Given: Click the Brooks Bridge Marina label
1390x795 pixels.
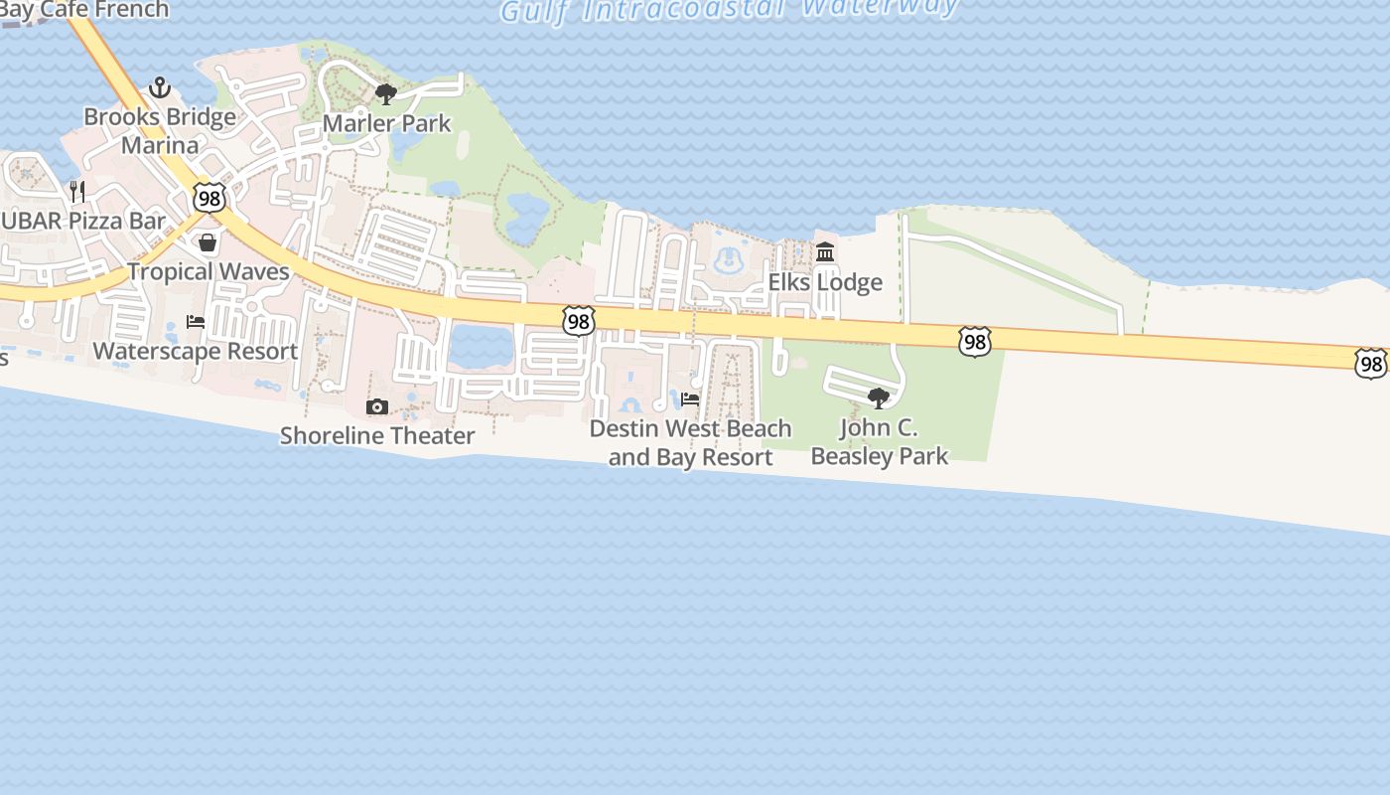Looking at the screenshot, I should pyautogui.click(x=160, y=131).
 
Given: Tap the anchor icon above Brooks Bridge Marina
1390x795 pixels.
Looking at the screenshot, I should pyautogui.click(x=160, y=88).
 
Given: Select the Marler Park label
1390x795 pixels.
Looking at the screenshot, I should pyautogui.click(x=387, y=124).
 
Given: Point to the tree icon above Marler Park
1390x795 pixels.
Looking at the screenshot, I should pyautogui.click(x=386, y=94).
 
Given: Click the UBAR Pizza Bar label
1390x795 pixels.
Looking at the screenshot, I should pyautogui.click(x=83, y=221).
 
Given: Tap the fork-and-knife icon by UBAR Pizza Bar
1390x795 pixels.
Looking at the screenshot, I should pyautogui.click(x=77, y=191).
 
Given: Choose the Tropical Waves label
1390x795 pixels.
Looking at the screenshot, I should pyautogui.click(x=208, y=271).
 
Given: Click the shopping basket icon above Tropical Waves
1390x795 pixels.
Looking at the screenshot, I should pyautogui.click(x=208, y=242).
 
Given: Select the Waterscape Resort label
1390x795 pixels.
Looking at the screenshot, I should pyautogui.click(x=196, y=351).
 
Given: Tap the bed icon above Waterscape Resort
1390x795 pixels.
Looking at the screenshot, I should pyautogui.click(x=196, y=322).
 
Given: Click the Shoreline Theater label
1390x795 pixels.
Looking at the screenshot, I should pyautogui.click(x=377, y=435).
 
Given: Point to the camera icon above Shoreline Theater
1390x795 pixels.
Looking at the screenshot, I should pyautogui.click(x=377, y=406).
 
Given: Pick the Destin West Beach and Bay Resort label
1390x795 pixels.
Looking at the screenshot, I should pyautogui.click(x=690, y=443).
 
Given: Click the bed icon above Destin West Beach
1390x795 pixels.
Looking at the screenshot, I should pyautogui.click(x=690, y=399).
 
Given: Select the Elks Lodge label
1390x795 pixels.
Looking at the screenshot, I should pyautogui.click(x=825, y=282).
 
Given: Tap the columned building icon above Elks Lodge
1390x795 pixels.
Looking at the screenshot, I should pyautogui.click(x=825, y=252).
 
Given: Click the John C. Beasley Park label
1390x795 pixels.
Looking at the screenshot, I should pyautogui.click(x=880, y=442).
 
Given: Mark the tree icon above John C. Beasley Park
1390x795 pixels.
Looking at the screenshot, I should pyautogui.click(x=879, y=398).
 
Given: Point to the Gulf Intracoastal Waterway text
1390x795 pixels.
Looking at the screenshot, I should pyautogui.click(x=730, y=9).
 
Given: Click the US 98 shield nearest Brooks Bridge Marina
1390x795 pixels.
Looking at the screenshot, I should pyautogui.click(x=209, y=197).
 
